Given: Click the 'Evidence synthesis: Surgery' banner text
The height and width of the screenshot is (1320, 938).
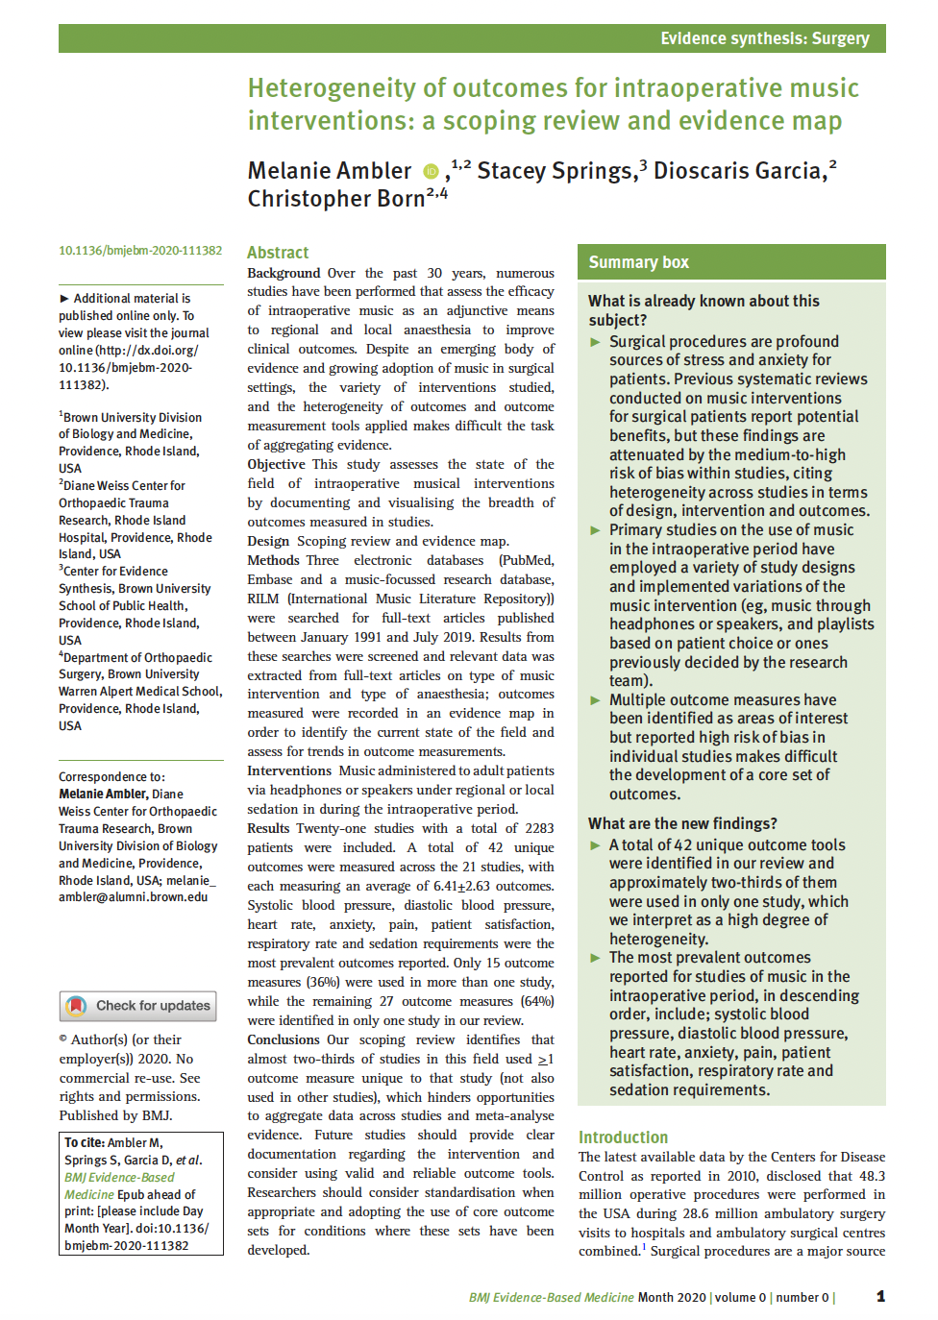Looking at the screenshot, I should point(764,38).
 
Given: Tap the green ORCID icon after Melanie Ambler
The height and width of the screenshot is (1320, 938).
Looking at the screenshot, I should point(431,172).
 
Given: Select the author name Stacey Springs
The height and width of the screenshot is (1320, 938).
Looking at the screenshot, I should point(555,171).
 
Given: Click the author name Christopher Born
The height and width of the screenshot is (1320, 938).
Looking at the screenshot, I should point(335,199).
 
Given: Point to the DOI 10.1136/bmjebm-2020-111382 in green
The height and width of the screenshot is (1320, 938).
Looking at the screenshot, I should point(140,251).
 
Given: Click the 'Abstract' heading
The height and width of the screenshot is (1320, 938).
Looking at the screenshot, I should point(278,253).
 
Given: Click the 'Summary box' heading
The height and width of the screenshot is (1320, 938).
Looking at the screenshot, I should point(638,262).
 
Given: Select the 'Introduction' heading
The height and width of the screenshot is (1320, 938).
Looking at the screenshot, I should point(623,1137).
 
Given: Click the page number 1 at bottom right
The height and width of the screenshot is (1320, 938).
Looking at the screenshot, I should point(880,1296).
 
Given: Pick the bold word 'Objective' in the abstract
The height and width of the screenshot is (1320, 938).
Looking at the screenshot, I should point(276,464).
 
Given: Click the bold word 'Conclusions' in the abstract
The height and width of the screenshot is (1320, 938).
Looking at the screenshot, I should point(284,1039).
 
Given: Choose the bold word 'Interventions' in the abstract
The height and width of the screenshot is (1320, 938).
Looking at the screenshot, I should point(288,770).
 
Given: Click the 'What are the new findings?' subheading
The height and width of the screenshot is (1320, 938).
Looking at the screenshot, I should point(682,823).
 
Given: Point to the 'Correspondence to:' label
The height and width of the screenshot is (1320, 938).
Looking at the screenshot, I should point(111,777).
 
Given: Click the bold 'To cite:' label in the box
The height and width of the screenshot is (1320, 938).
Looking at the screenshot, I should point(84,1143).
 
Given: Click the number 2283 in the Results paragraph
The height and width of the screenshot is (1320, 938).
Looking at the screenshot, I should point(538,828).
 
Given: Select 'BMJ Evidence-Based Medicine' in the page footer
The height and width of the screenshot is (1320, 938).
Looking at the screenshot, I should point(551,1297).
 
